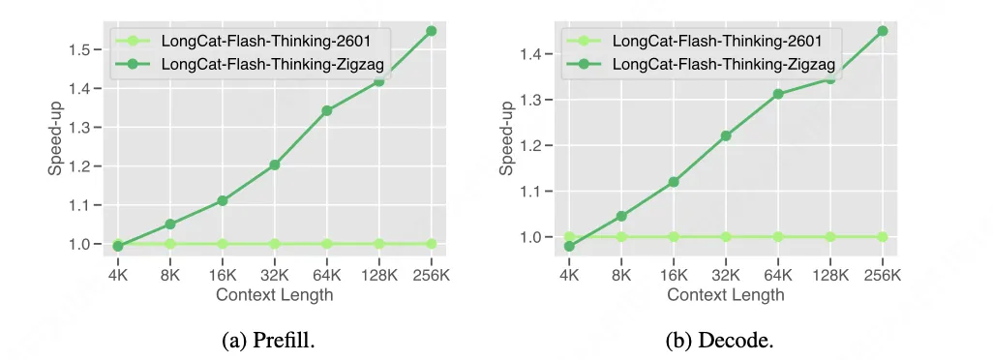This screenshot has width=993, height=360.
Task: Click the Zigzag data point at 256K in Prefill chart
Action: pos(432,31)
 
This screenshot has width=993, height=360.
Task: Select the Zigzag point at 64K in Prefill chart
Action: pos(327,110)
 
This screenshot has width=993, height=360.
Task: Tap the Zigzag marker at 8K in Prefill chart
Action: pos(170,224)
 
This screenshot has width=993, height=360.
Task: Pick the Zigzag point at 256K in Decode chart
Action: pos(883,31)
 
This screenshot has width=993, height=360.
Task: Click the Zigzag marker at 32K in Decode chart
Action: pos(726,135)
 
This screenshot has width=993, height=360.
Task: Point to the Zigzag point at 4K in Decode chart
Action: pos(569,246)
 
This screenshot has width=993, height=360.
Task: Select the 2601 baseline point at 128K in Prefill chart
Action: pos(379,244)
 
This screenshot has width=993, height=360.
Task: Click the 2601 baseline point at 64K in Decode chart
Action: pos(778,236)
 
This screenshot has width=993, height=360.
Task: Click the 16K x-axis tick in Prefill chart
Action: pos(223,276)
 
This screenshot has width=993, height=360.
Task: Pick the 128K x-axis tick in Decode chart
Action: pos(830,276)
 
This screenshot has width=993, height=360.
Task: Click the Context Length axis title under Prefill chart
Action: pos(275,294)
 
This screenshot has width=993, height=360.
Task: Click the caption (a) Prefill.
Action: pos(274,340)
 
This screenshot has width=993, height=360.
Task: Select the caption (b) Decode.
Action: pos(725,340)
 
